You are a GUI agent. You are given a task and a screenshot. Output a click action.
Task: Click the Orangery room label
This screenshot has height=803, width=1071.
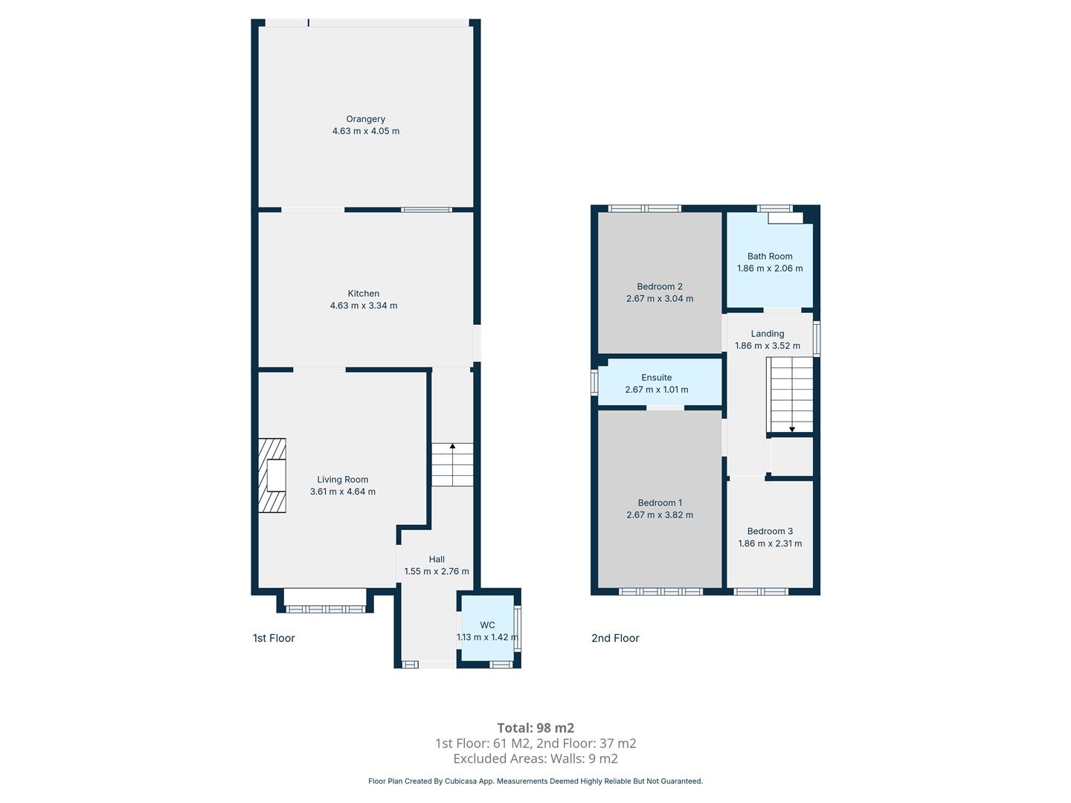click(x=365, y=119)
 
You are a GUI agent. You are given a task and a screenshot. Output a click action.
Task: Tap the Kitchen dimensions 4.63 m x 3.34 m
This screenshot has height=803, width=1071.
click(x=364, y=306)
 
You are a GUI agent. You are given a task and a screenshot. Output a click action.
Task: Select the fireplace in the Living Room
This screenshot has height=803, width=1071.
click(x=271, y=475)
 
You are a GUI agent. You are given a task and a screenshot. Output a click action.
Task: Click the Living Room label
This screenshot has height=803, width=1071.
click(x=343, y=480)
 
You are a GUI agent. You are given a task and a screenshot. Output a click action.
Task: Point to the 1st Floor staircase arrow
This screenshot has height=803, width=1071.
click(x=452, y=465)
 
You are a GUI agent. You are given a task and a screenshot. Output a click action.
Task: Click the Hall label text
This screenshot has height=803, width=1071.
click(x=437, y=559)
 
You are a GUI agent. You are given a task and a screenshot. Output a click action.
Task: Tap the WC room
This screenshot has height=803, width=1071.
click(x=488, y=631)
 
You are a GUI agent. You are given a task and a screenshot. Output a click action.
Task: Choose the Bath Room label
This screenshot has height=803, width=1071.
click(x=770, y=257)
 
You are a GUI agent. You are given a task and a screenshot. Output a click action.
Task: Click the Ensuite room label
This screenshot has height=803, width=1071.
click(x=656, y=378)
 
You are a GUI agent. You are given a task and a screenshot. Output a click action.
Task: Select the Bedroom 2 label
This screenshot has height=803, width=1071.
click(x=660, y=287)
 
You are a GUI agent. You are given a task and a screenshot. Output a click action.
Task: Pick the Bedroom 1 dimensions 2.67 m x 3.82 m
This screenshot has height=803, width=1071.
click(x=660, y=515)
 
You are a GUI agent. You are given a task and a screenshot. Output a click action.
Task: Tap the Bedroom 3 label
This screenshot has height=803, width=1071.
click(x=770, y=532)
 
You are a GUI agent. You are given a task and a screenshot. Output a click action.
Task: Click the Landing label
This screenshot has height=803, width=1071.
click(x=768, y=334)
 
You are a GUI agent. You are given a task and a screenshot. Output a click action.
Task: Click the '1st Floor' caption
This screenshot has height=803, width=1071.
click(x=274, y=638)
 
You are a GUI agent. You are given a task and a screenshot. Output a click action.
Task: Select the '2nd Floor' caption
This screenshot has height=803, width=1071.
click(x=615, y=638)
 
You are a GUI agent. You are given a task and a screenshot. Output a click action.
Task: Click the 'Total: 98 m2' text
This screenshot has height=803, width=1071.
click(x=535, y=728)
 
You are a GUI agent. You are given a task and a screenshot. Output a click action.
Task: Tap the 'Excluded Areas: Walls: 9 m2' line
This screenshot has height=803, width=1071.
click(x=535, y=758)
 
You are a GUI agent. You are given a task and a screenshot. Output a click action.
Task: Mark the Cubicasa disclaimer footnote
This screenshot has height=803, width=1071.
click(x=535, y=781)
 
